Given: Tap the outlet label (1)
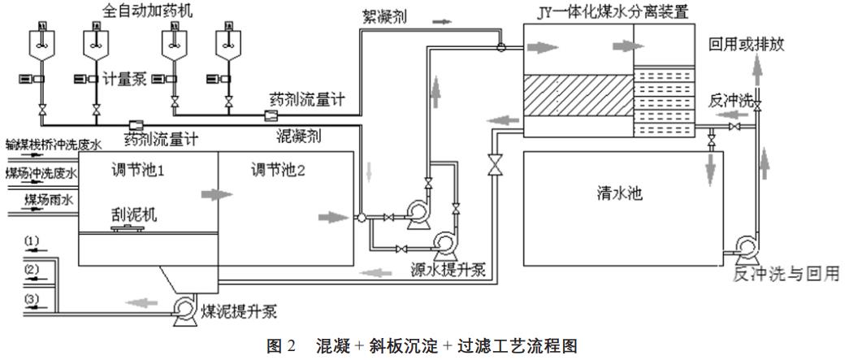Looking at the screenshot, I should pos(31,241).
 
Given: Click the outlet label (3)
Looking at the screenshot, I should pos(31,299).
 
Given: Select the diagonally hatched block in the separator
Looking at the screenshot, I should pos(578,95).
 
